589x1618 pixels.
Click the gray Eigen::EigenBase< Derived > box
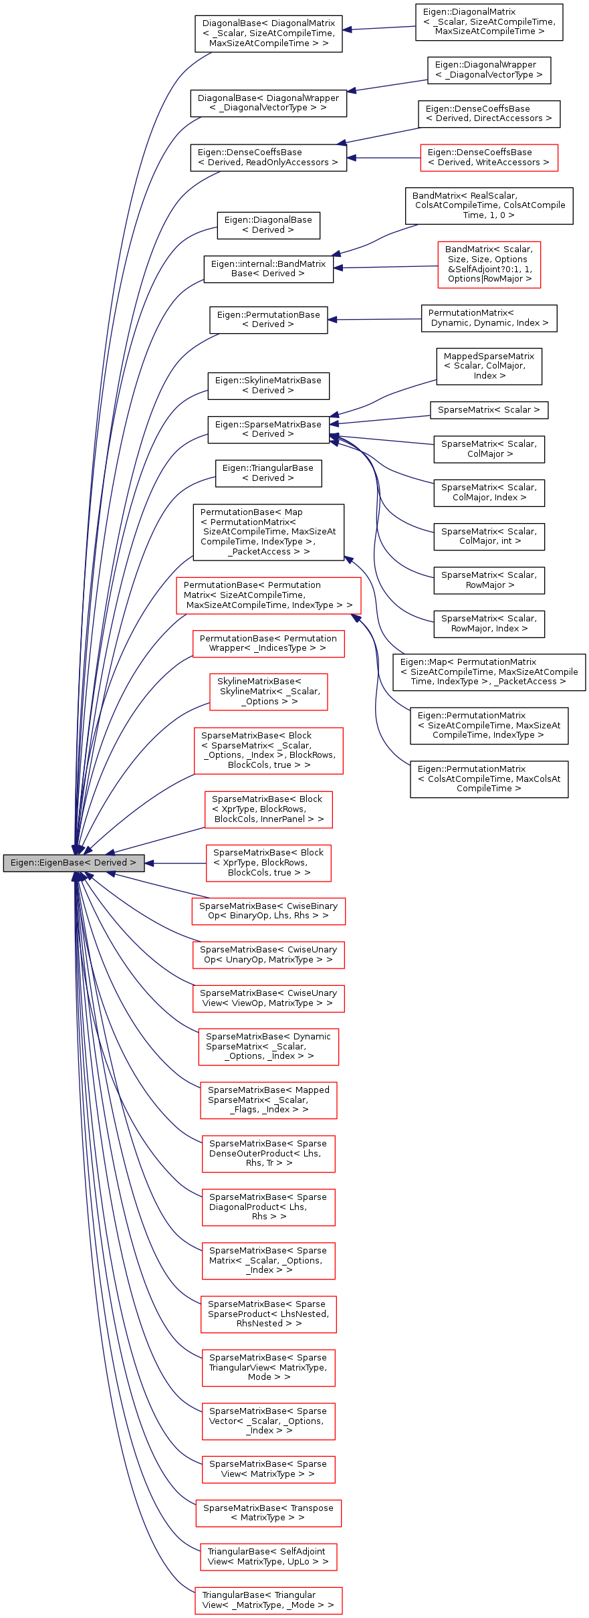coord(74,863)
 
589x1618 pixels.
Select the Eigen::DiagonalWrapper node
coord(489,70)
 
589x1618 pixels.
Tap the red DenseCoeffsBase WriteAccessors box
coord(489,158)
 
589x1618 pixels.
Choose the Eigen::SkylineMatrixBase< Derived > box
coord(268,386)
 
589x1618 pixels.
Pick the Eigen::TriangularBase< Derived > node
coord(268,474)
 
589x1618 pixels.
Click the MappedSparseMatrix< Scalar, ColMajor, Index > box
coord(489,367)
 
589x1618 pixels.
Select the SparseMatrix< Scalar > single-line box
coord(489,410)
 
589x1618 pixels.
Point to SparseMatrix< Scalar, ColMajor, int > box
coord(489,536)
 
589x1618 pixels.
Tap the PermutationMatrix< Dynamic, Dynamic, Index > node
coord(489,318)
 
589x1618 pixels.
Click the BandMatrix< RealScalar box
coord(489,206)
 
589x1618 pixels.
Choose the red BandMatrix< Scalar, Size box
coord(489,265)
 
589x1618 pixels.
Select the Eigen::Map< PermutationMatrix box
coord(489,672)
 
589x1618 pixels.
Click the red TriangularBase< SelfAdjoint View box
coord(268,1557)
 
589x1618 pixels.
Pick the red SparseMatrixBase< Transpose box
coord(268,1513)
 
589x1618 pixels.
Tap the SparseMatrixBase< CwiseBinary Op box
coord(268,911)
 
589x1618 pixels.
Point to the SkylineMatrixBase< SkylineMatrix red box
coord(268,692)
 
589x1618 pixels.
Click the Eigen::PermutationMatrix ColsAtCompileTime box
coord(489,779)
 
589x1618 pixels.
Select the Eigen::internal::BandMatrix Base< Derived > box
coord(268,269)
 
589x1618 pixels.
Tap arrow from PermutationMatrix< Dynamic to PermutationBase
coord(374,320)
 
